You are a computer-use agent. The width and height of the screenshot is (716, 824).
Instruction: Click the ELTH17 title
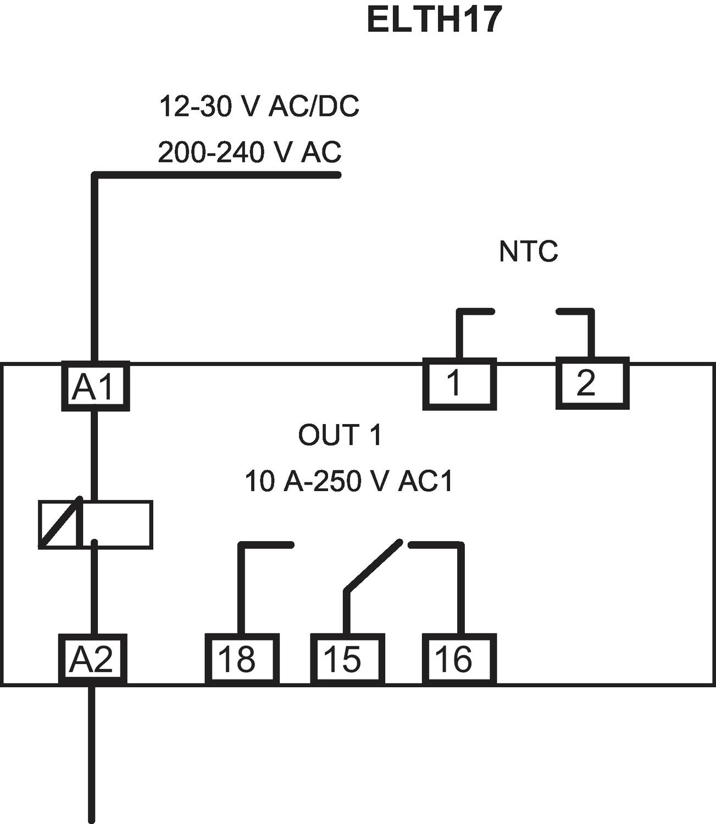point(434,20)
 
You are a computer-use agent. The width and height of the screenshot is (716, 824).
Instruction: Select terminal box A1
point(95,386)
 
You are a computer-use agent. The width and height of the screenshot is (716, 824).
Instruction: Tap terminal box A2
point(92,659)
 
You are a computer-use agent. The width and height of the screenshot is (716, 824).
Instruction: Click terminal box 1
point(459,383)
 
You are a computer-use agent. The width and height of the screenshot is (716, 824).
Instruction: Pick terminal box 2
point(592,383)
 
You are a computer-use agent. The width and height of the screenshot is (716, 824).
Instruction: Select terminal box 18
point(242,659)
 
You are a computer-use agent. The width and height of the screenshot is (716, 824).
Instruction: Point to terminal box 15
point(347,659)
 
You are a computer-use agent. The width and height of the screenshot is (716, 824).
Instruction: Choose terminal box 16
point(459,659)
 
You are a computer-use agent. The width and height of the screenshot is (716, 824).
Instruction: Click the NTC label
point(528,252)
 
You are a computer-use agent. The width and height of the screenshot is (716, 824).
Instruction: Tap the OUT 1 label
point(340,435)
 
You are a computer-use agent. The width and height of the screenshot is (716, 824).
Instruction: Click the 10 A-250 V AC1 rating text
point(349,481)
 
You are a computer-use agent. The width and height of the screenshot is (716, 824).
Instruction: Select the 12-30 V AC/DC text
point(259,106)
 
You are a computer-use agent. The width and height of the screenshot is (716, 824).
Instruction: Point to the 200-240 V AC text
point(249,152)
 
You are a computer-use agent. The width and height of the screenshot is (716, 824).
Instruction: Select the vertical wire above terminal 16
point(461,588)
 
